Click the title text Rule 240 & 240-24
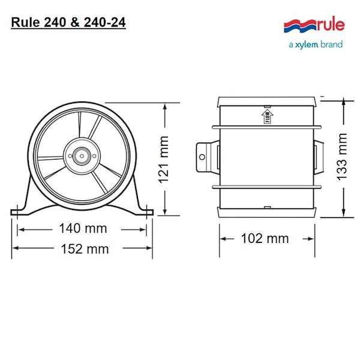pyautogui.click(x=68, y=23)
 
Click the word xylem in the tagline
pyautogui.click(x=307, y=44)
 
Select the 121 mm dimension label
pyautogui.click(x=164, y=160)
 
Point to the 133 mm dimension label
pyautogui.click(x=341, y=157)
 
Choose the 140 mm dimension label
pyautogui.click(x=83, y=229)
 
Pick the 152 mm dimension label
pyautogui.click(x=85, y=249)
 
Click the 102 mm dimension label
pyautogui.click(x=265, y=238)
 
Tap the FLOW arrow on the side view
pyautogui.click(x=267, y=116)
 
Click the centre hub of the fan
pyautogui.click(x=82, y=156)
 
